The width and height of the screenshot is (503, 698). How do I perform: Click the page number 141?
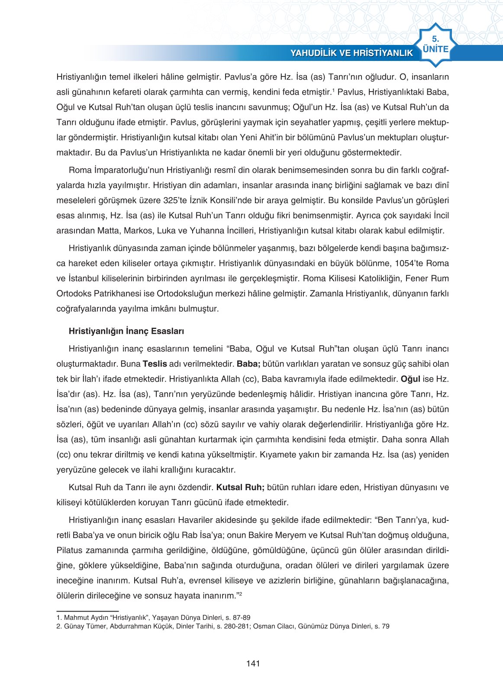(253, 663)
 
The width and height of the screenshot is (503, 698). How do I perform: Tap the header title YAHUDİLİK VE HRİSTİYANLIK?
(351, 53)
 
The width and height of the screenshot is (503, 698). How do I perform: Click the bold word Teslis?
(155, 364)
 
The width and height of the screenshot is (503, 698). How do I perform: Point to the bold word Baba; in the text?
(248, 364)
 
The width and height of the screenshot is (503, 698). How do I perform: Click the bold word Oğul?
(410, 379)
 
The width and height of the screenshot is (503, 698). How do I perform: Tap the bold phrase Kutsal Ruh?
(240, 487)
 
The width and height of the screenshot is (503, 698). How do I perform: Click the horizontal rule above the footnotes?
(87, 611)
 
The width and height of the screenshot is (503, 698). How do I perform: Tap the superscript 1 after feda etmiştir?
(333, 90)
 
